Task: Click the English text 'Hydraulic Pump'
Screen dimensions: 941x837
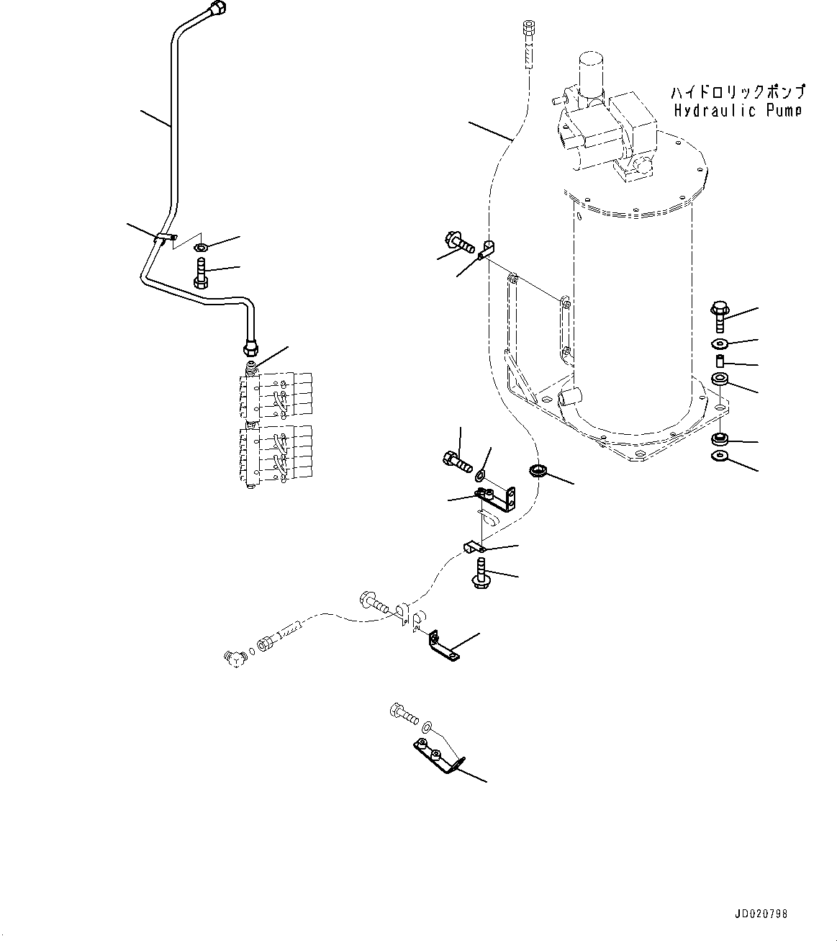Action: pos(738,110)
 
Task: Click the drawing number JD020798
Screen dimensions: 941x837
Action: pos(761,914)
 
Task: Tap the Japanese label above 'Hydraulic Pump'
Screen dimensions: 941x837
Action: pos(738,92)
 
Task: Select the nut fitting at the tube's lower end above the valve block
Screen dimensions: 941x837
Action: pos(250,349)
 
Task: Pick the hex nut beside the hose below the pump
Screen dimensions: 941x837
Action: pos(537,472)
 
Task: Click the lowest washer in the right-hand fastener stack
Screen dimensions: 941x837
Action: pos(718,456)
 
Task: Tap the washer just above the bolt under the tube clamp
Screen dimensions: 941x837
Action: pos(200,248)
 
